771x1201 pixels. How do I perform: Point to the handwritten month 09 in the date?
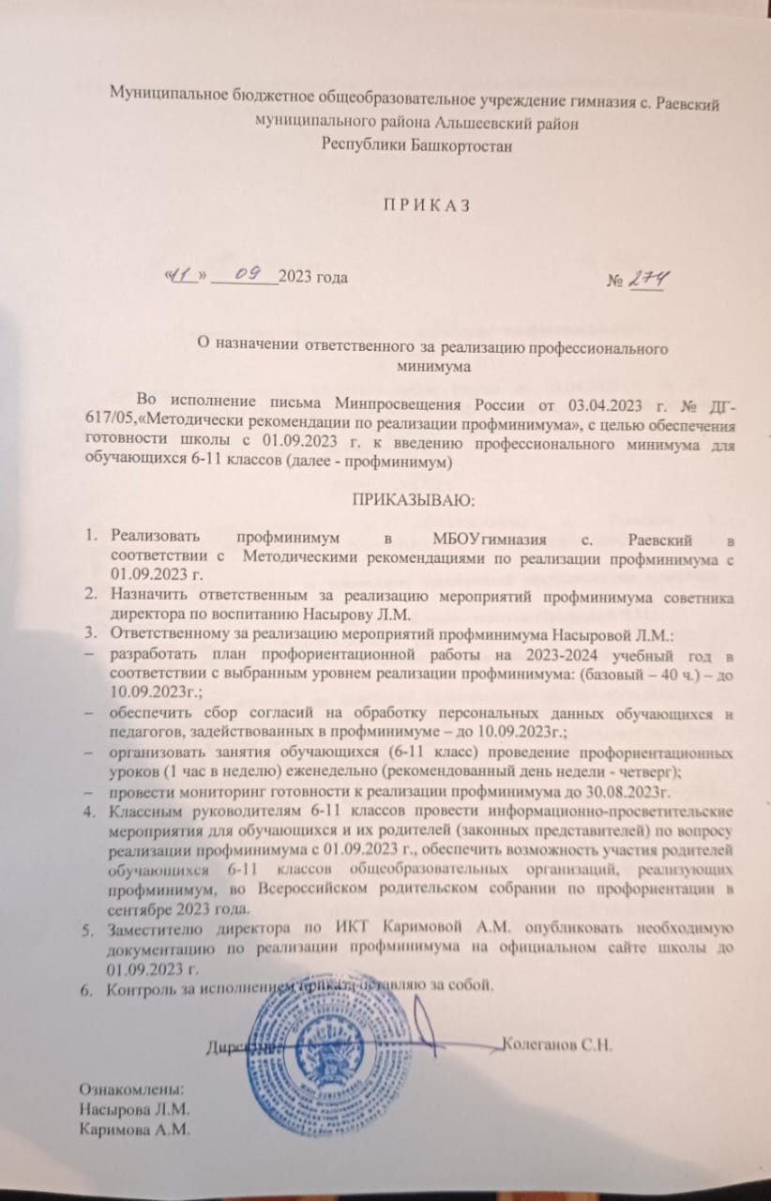246,274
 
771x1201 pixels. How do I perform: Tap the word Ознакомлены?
131,1089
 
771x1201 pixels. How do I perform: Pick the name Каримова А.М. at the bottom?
135,1129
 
